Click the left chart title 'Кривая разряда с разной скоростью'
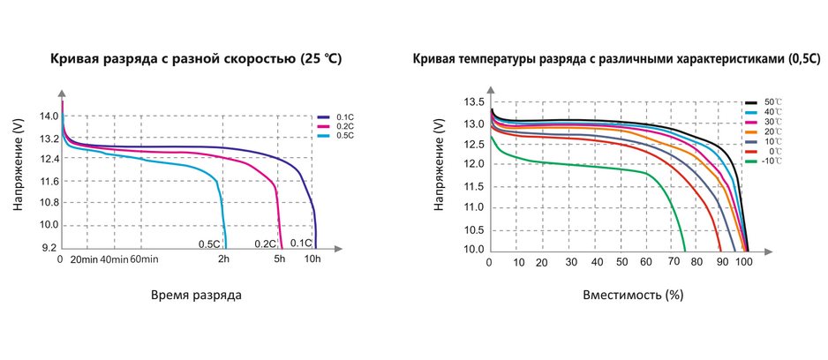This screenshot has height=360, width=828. coord(196,60)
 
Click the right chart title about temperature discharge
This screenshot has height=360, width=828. coord(616,60)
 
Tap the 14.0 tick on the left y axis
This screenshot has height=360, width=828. coord(49,116)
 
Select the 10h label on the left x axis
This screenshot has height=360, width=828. coord(312,259)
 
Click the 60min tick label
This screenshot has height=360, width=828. coord(143,259)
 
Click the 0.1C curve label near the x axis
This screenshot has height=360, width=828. coord(301,244)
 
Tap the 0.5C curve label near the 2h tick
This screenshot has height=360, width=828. coord(208,244)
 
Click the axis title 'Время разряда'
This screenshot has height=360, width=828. coord(195,295)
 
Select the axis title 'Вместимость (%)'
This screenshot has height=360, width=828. coord(633,295)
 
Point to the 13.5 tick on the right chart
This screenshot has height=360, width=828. coord(474,101)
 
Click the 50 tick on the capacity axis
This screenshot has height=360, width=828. coord(622,262)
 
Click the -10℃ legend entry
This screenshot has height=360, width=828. coord(772,161)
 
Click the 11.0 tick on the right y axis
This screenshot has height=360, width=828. coord(474,207)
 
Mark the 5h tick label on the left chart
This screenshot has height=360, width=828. coord(280,259)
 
